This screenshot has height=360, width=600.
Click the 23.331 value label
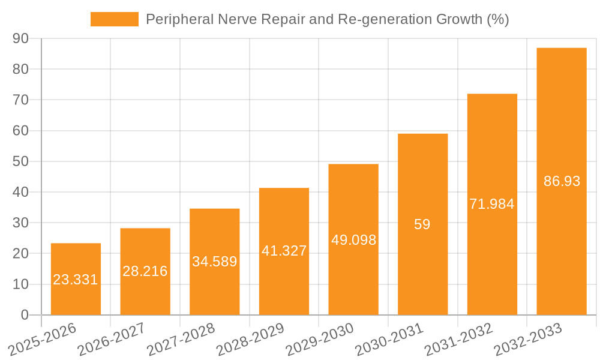pos(76,280)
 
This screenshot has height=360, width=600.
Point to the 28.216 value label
pos(145,271)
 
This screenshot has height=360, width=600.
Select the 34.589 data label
pos(214,262)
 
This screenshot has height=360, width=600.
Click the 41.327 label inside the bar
pos(284,251)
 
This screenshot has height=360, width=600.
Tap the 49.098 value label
pos(353,240)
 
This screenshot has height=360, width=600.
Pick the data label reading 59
pos(422,224)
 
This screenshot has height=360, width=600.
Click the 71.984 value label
pos(492,204)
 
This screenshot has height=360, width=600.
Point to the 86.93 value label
pos(562,181)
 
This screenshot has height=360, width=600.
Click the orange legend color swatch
pos(114,19)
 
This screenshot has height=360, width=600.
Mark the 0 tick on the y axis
pos(25,315)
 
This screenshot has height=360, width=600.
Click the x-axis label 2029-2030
pos(320,340)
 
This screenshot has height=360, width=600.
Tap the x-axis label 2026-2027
pos(112,340)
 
